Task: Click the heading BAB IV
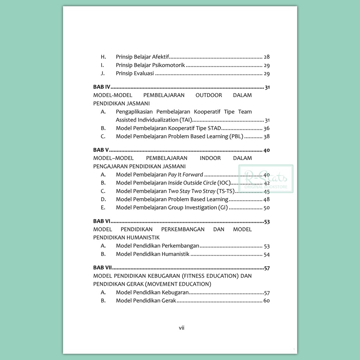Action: [102, 87]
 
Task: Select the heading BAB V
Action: [101, 150]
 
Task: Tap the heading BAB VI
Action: [102, 221]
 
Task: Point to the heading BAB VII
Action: [103, 268]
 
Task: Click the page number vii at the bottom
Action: [181, 328]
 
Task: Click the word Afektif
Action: [161, 57]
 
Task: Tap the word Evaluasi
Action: [144, 73]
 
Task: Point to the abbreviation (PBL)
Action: [236, 136]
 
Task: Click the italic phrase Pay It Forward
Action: [186, 175]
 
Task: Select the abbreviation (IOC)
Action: [224, 183]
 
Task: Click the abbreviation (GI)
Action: [223, 207]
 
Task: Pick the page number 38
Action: [266, 137]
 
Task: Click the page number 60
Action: [266, 301]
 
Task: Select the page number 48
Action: [266, 200]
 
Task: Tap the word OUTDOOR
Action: [209, 95]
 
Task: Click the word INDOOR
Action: [210, 158]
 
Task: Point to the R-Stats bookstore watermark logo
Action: [266, 179]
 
